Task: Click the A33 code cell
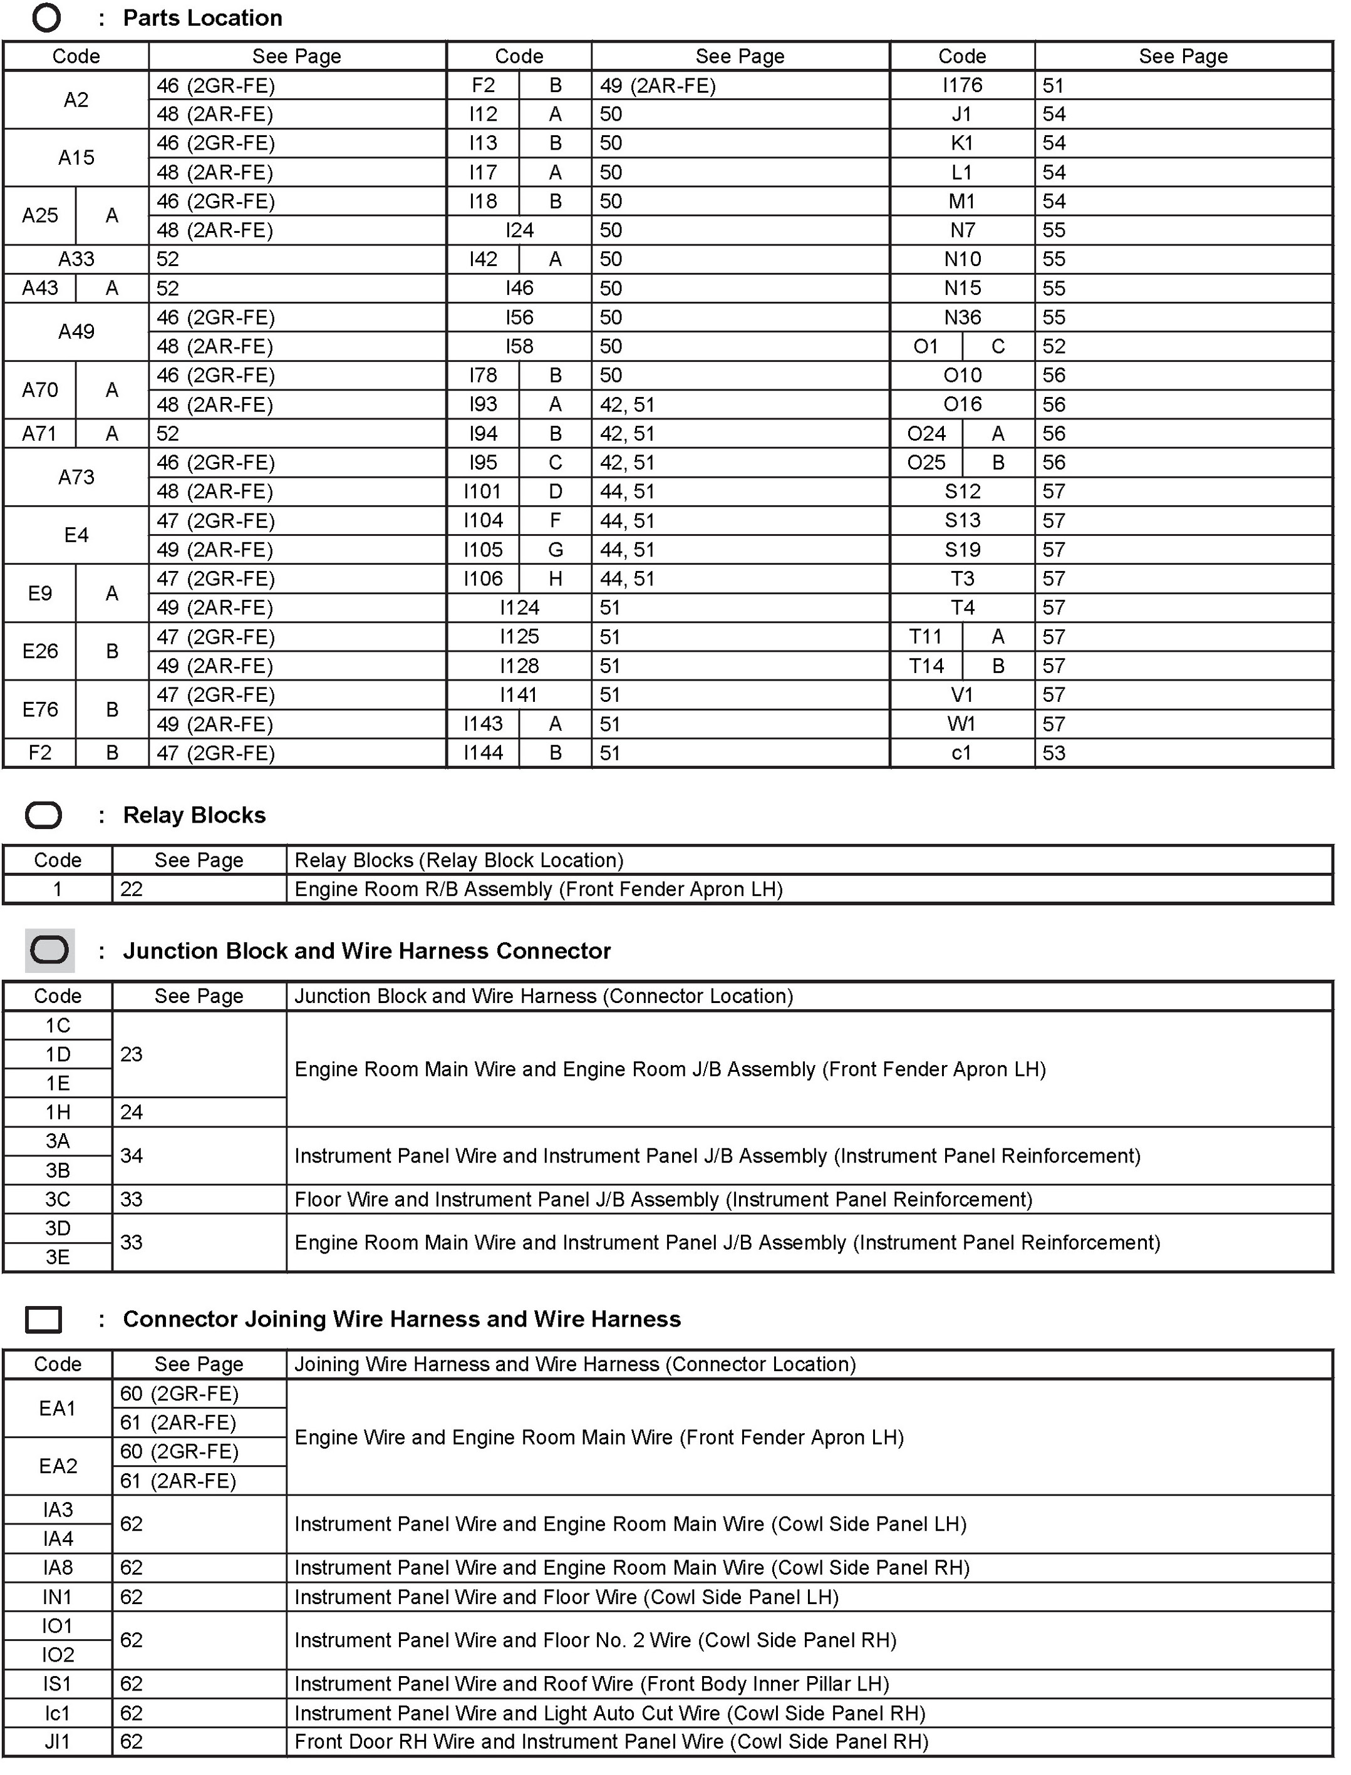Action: click(x=76, y=259)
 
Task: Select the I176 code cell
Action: click(x=962, y=85)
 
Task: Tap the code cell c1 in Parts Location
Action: click(x=962, y=753)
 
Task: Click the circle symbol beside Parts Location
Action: click(x=46, y=18)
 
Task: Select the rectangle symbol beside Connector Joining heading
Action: click(x=43, y=1319)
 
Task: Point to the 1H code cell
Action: click(x=58, y=1112)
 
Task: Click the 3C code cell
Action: click(x=58, y=1200)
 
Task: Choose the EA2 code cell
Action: click(x=58, y=1466)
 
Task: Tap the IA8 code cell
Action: click(x=58, y=1568)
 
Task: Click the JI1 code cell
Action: click(x=58, y=1741)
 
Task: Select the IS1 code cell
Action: click(x=58, y=1684)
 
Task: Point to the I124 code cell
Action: click(x=519, y=608)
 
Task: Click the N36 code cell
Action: click(x=962, y=317)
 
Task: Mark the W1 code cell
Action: click(x=962, y=724)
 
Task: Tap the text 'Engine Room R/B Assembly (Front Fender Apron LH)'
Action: click(x=538, y=889)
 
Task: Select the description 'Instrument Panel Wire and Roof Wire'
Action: click(x=591, y=1684)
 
